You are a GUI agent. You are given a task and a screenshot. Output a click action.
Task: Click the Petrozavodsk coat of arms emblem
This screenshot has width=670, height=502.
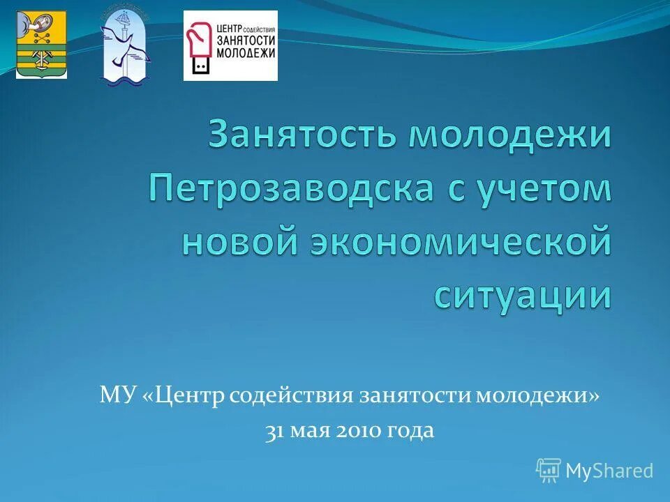click(42, 45)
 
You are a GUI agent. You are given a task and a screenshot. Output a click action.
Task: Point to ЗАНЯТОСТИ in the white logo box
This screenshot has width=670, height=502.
click(246, 40)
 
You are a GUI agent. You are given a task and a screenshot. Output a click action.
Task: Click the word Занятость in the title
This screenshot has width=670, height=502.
click(303, 135)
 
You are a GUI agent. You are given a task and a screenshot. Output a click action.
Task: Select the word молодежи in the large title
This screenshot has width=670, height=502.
click(509, 135)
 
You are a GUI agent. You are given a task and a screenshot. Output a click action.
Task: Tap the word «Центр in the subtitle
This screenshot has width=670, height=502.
click(186, 396)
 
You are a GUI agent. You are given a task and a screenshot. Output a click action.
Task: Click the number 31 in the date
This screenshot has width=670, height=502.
click(273, 431)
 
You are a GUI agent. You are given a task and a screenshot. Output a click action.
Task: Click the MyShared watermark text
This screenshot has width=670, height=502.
click(609, 471)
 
